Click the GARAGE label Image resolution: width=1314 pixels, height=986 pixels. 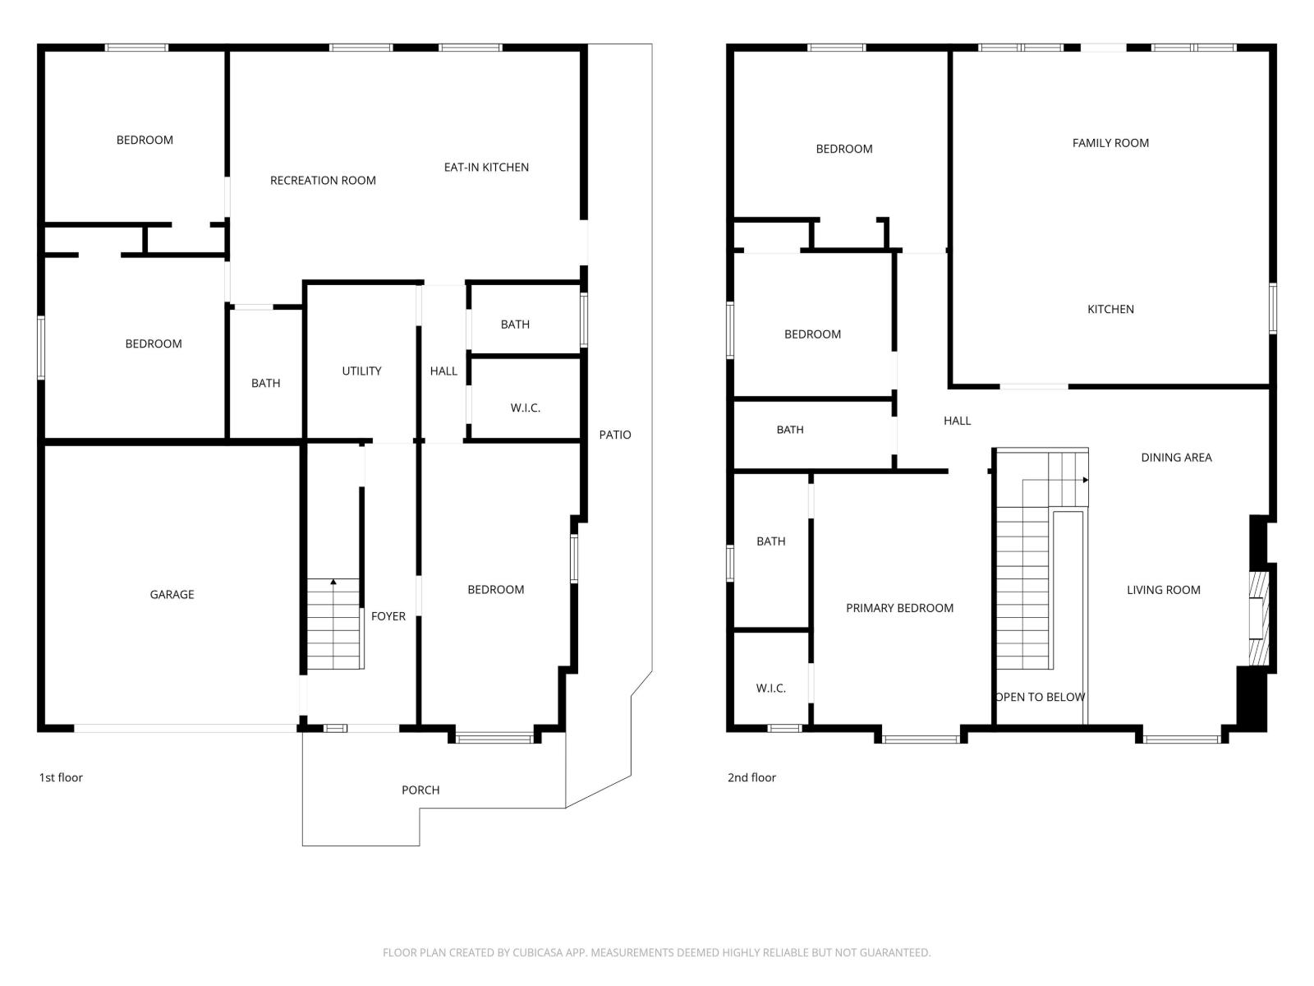coord(172,594)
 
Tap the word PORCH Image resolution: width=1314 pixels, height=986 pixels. coord(420,790)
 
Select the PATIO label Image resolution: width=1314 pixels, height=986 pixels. coord(614,435)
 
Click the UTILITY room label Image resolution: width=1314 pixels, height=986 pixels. coord(361,371)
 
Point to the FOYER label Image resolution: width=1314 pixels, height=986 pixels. coord(388,616)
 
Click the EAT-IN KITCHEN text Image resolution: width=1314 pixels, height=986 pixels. coord(486,167)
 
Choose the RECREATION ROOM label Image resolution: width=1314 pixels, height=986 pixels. coord(323,180)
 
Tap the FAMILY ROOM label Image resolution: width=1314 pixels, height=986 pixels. coord(1110,143)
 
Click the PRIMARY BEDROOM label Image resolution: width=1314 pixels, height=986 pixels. coord(899,608)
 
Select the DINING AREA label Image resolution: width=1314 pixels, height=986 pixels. coord(1176,458)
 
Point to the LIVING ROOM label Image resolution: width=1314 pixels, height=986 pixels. coord(1163,590)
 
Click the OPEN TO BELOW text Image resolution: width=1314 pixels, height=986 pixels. coord(1041,697)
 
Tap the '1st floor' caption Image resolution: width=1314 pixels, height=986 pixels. coord(61,777)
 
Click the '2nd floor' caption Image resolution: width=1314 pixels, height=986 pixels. coord(751,777)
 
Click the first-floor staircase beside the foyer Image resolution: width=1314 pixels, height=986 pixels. coord(334,624)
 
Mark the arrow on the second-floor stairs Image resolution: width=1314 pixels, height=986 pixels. coord(1085,480)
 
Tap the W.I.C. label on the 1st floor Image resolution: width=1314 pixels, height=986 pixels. coord(525,408)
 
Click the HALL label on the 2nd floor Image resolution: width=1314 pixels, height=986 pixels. coord(957,421)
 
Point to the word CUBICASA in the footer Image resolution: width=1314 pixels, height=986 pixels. coord(536,952)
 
